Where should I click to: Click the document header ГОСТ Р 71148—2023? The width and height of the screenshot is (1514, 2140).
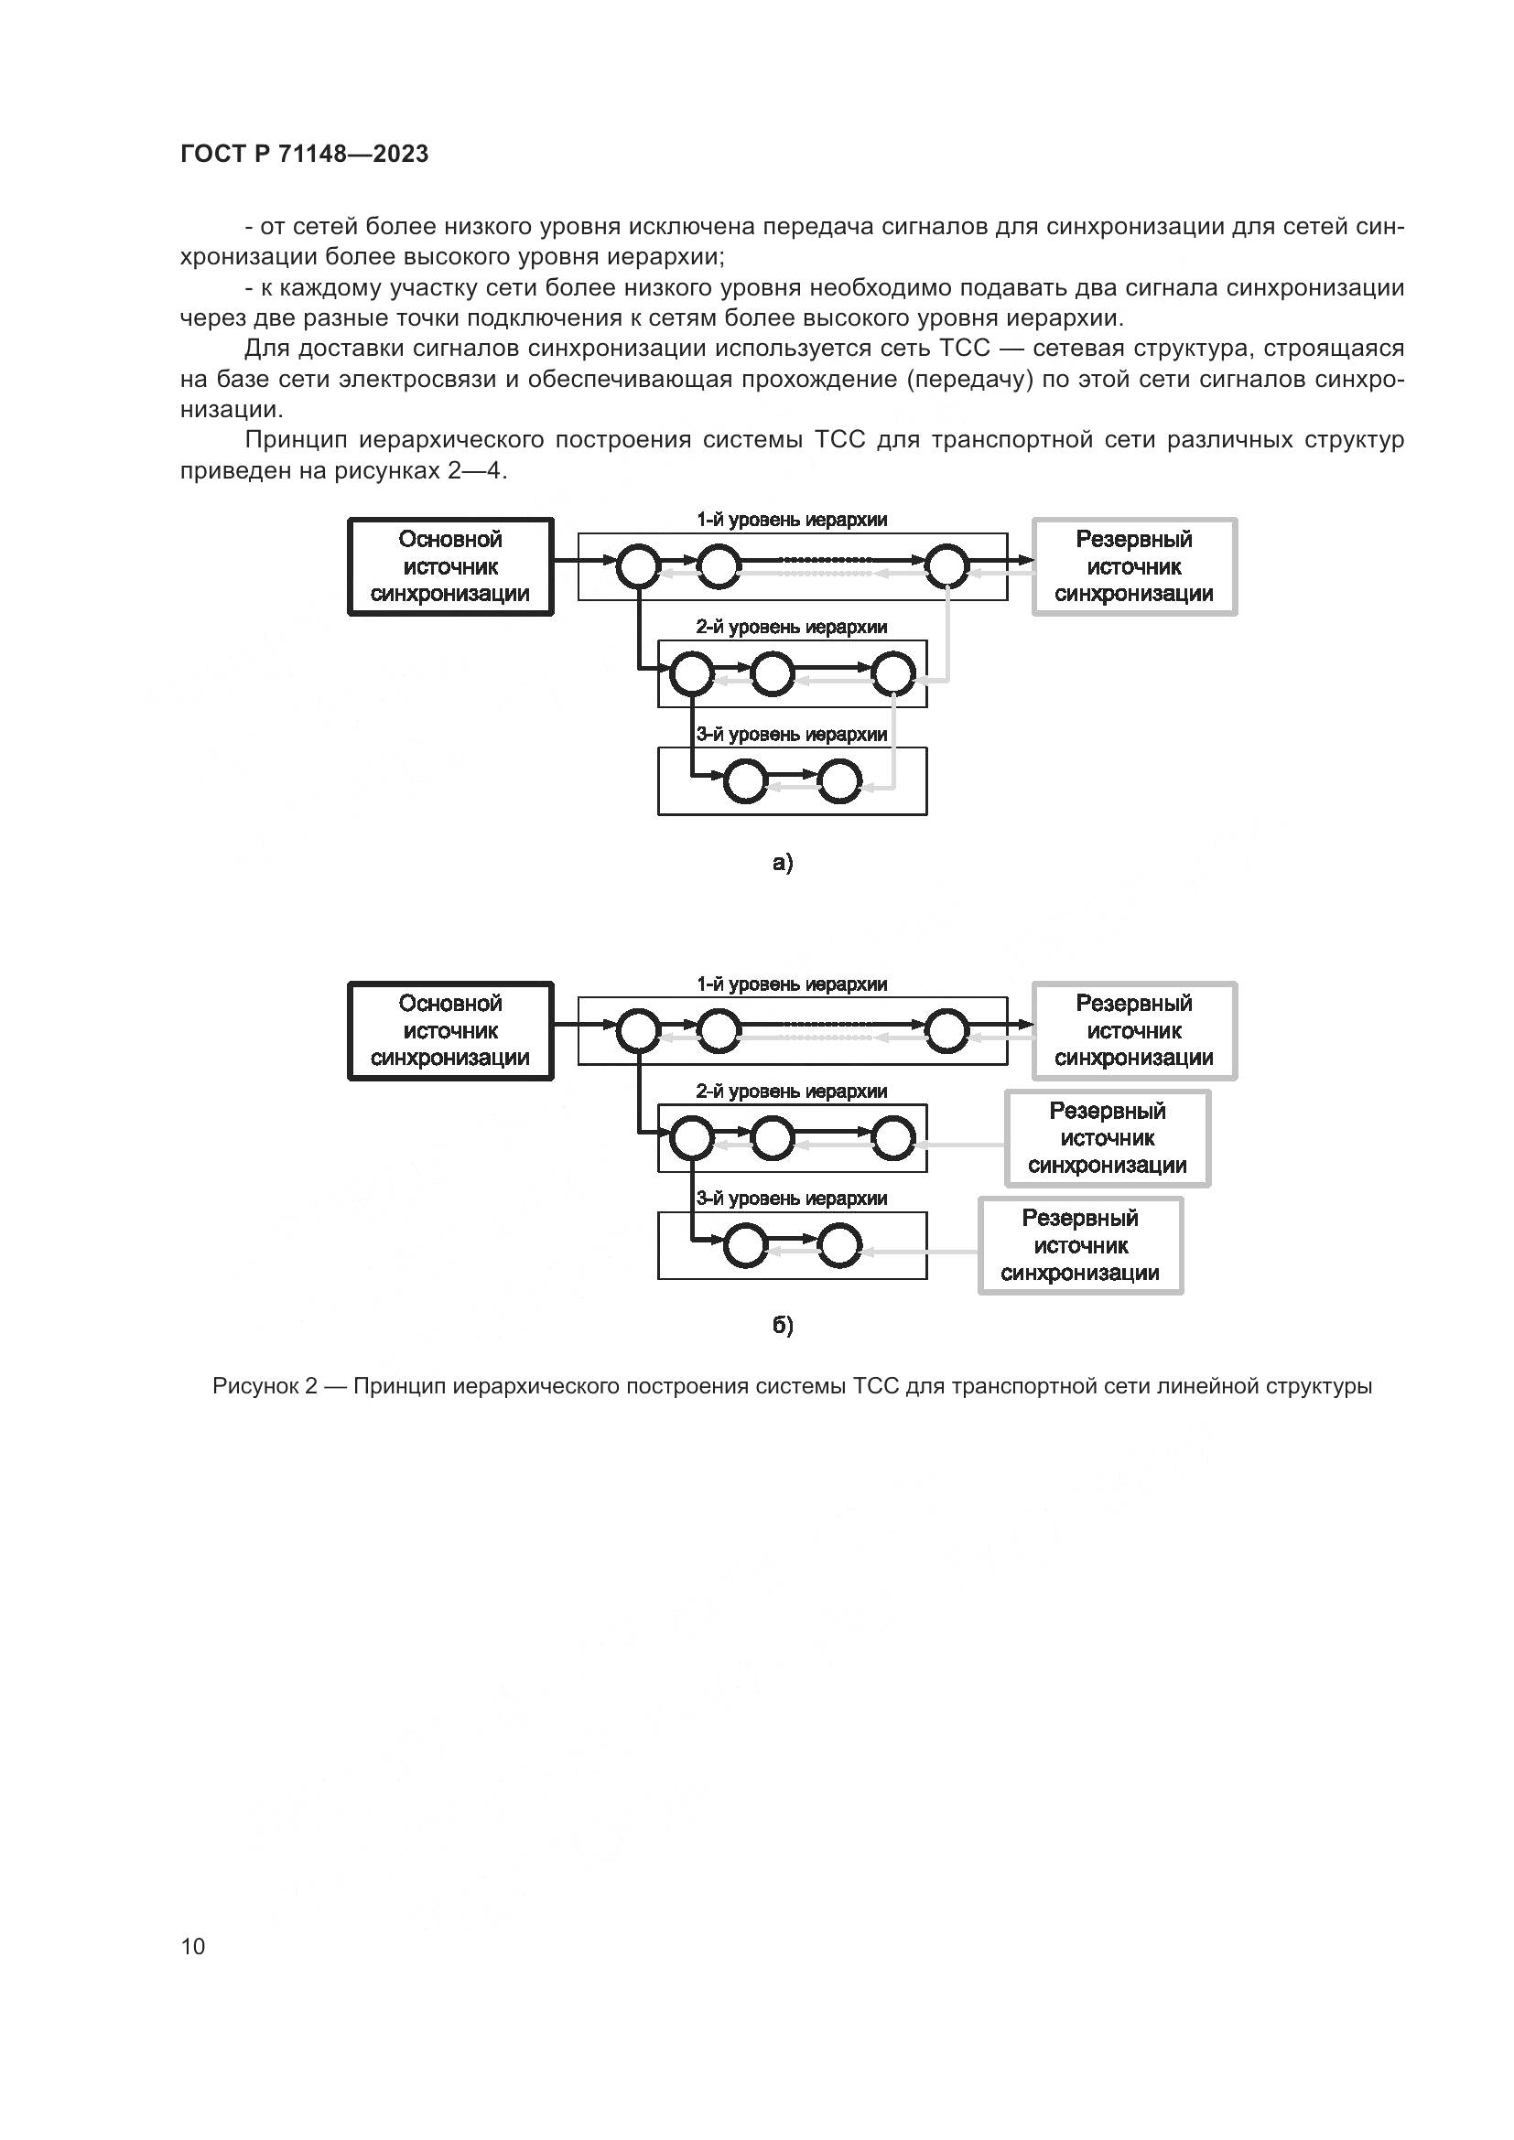point(304,154)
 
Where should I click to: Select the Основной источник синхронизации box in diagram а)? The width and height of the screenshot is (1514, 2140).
point(450,566)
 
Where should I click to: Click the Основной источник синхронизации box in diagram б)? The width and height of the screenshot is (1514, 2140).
point(450,1031)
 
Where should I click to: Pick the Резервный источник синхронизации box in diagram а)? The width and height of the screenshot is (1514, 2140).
point(1133,566)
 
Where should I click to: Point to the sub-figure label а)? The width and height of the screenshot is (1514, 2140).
point(782,863)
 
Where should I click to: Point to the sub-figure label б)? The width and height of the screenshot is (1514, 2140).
point(782,1326)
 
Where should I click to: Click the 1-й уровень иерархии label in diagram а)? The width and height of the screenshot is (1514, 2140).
point(792,520)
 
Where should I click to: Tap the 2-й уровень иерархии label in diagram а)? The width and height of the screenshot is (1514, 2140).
point(792,628)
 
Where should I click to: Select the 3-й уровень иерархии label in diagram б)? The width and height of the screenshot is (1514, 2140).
point(792,1199)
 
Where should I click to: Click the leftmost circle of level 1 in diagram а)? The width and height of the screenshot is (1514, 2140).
point(639,565)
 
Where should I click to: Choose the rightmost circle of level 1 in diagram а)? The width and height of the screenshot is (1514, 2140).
point(947,565)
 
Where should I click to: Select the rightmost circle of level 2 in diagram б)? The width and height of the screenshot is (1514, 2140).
point(893,1138)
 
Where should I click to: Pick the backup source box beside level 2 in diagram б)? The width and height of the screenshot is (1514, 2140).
point(1108,1138)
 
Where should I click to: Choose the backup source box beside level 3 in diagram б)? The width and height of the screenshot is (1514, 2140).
point(1080,1245)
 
